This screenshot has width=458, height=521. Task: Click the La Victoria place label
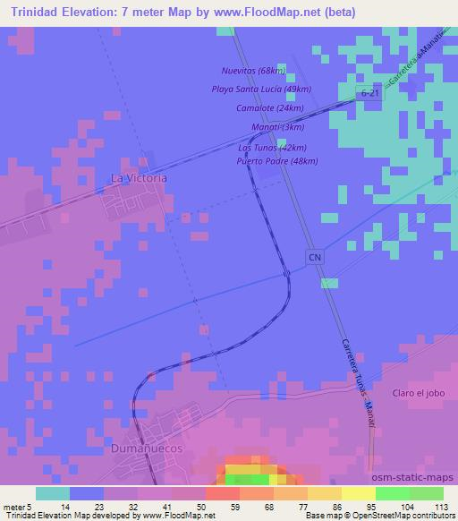138,178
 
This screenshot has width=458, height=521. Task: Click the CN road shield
314,258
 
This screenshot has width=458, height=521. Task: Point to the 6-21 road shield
369,93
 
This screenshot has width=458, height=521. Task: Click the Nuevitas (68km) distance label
254,70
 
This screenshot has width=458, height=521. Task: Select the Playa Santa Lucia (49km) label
260,89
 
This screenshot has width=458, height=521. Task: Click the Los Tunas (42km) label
273,148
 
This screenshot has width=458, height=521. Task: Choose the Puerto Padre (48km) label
276,161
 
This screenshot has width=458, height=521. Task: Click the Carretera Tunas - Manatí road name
357,385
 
